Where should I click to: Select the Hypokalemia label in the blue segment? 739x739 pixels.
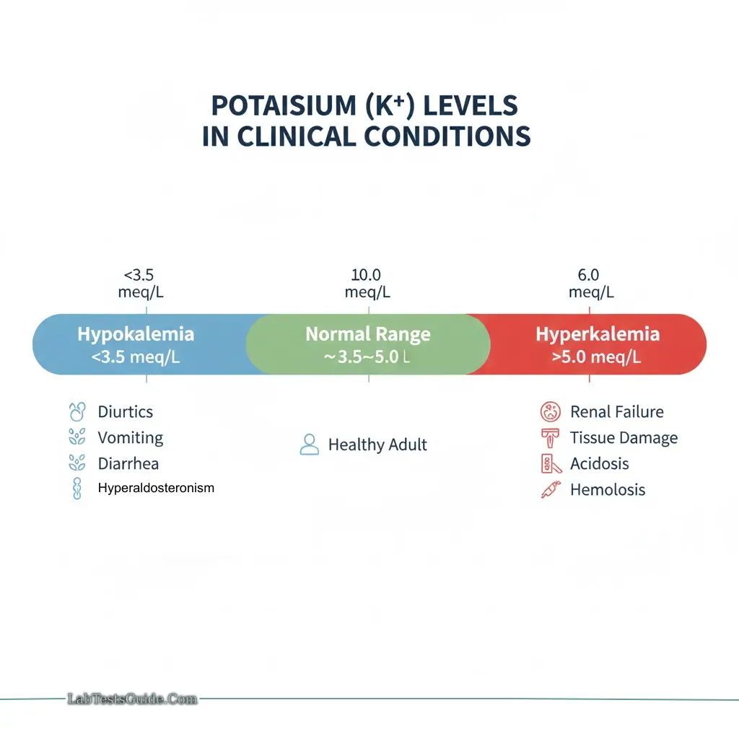click(x=136, y=334)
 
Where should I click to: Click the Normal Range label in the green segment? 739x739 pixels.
click(x=368, y=334)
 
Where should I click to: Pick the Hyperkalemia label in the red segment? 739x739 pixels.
click(x=598, y=334)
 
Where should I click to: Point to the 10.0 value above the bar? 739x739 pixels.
click(x=366, y=275)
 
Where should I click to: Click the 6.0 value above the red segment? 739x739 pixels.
click(x=589, y=275)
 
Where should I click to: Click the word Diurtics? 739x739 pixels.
click(x=126, y=412)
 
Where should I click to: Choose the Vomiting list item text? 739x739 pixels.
click(x=131, y=437)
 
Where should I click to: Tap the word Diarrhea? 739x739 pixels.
click(x=128, y=463)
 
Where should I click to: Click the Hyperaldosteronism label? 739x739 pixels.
click(x=156, y=488)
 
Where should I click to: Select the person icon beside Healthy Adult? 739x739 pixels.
click(x=309, y=445)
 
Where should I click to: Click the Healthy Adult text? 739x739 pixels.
click(x=377, y=445)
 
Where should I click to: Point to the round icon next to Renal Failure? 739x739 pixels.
click(x=551, y=412)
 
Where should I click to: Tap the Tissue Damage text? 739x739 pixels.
click(x=624, y=437)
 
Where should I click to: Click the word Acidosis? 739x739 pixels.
click(x=599, y=463)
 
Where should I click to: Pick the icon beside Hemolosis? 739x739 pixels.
click(x=551, y=490)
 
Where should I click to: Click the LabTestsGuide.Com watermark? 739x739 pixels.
click(x=131, y=699)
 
